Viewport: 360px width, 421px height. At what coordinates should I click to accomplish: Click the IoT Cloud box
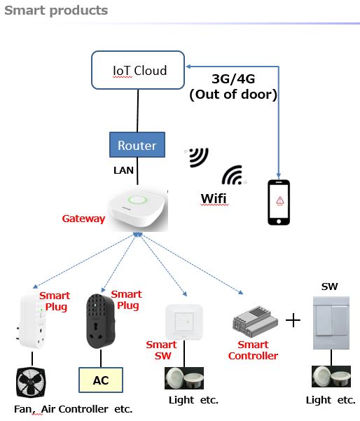click(x=138, y=70)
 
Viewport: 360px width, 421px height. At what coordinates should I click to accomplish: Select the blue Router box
click(x=137, y=145)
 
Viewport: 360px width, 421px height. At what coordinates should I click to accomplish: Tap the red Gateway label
click(x=83, y=219)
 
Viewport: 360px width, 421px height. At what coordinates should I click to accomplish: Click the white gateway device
click(x=137, y=209)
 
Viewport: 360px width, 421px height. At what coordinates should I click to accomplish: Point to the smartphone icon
click(x=279, y=202)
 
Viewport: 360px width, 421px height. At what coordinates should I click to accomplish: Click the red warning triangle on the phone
click(x=280, y=200)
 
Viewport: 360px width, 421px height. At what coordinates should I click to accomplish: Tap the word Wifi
click(x=214, y=199)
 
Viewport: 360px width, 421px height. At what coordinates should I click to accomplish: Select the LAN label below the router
click(x=123, y=170)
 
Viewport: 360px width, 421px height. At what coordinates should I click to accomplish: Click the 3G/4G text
click(x=233, y=78)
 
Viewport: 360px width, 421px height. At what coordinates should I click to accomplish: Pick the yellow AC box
click(x=101, y=380)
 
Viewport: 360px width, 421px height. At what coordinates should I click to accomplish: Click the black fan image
click(x=31, y=382)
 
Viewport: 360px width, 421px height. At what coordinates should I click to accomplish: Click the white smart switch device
click(x=184, y=322)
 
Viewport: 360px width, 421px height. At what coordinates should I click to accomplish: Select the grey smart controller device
click(x=255, y=322)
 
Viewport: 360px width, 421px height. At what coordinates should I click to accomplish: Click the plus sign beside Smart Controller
click(x=293, y=320)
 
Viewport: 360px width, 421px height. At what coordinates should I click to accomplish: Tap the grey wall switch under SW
click(x=331, y=323)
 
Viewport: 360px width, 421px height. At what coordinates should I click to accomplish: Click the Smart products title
click(x=56, y=11)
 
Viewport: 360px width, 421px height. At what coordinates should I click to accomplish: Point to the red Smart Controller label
click(x=253, y=350)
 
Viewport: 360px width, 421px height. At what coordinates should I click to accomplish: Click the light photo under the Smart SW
click(x=184, y=378)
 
